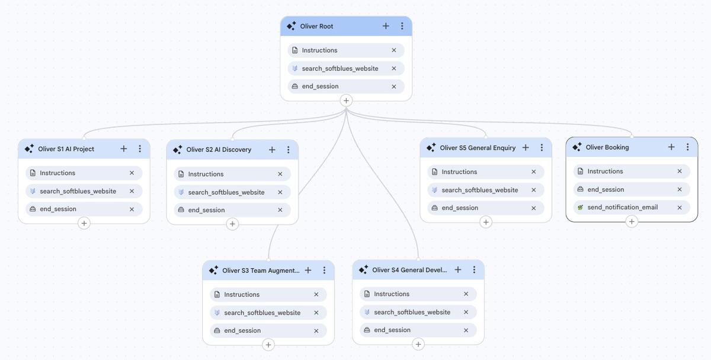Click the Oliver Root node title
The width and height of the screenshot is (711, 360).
click(x=316, y=26)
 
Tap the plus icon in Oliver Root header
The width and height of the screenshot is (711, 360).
click(x=386, y=26)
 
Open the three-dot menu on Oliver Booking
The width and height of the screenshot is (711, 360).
click(x=687, y=147)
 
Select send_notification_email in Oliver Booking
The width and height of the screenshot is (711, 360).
click(x=622, y=207)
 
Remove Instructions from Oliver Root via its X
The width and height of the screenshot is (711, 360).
click(x=394, y=50)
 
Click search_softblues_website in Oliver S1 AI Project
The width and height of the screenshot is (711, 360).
click(x=78, y=191)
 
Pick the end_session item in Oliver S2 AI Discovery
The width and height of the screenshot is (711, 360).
click(x=206, y=210)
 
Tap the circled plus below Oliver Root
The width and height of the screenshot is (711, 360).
click(x=346, y=101)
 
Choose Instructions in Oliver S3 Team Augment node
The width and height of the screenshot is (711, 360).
click(x=242, y=294)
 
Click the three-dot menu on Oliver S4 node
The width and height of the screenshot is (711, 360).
click(x=474, y=269)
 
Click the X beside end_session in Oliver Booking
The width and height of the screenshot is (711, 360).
click(x=680, y=189)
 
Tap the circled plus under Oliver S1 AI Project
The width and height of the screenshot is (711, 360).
click(x=84, y=223)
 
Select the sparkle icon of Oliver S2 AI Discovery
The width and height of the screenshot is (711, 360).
click(x=177, y=150)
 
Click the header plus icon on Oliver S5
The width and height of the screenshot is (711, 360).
click(x=526, y=147)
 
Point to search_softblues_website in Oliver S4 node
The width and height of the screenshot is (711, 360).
click(x=412, y=312)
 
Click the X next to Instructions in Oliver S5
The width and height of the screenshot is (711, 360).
click(x=534, y=172)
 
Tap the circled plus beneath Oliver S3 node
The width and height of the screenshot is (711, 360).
click(x=268, y=345)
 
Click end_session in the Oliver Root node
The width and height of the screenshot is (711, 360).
click(x=320, y=86)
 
